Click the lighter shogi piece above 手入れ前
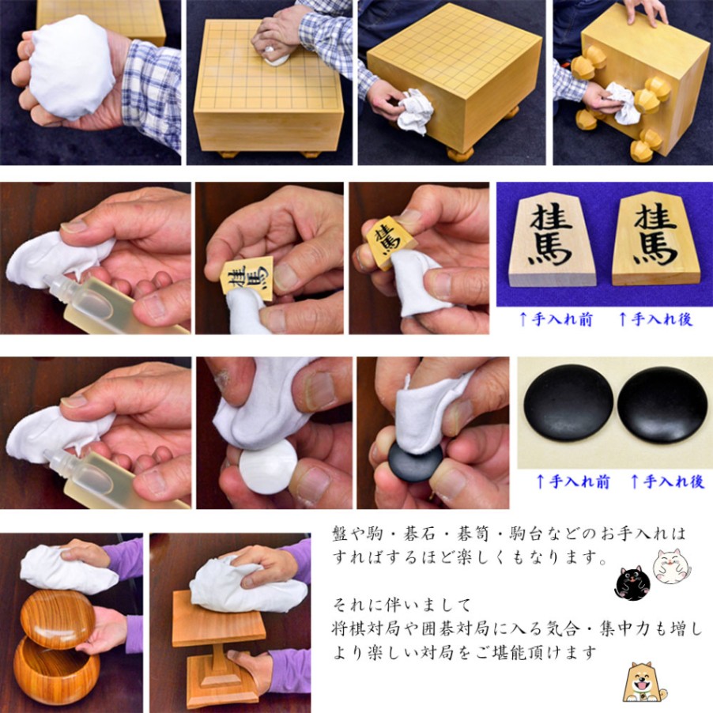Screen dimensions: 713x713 point(551,240)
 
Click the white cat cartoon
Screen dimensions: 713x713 point(671,566)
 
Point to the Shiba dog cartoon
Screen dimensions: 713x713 point(645,681)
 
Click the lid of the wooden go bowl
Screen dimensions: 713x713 point(58,619)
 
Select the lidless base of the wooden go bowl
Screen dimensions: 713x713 point(56,671)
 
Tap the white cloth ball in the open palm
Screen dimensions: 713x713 point(72,66)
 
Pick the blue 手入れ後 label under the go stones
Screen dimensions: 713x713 point(667,481)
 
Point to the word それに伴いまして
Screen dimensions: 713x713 point(402,605)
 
